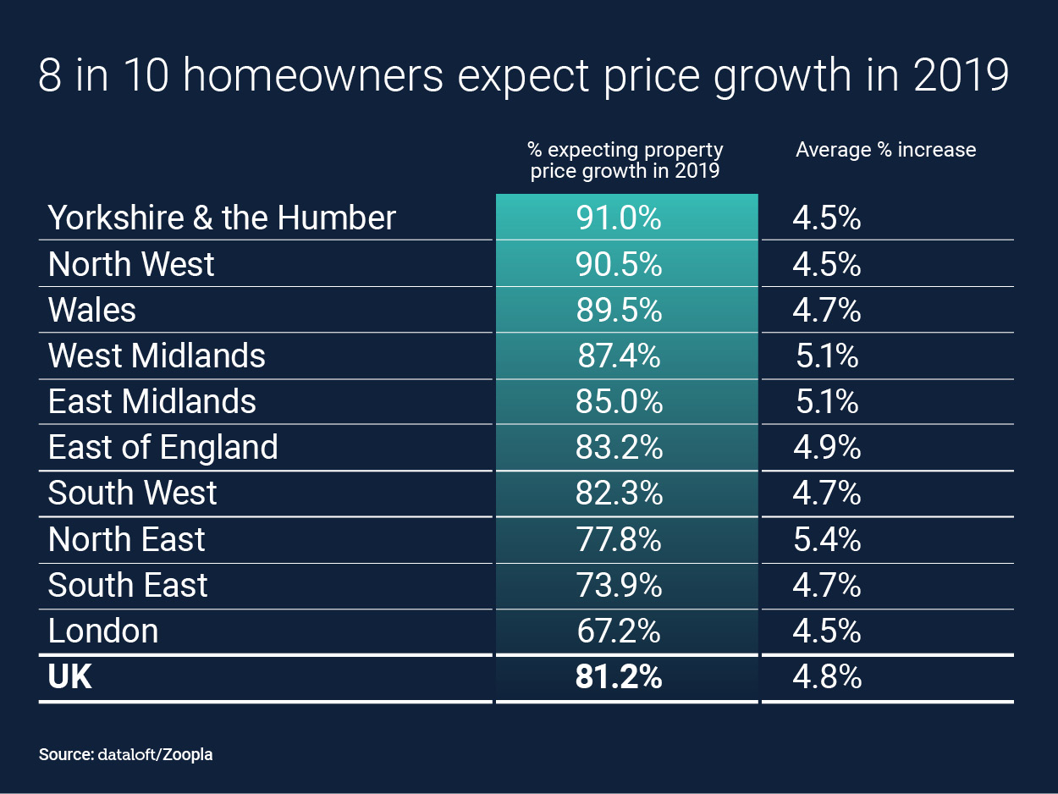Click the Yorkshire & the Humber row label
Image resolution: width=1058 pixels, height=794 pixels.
(222, 218)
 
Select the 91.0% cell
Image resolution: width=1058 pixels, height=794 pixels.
(619, 218)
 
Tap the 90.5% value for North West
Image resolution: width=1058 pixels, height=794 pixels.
(619, 264)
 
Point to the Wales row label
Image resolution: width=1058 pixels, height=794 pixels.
(92, 310)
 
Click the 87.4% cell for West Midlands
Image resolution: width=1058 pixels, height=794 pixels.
(619, 356)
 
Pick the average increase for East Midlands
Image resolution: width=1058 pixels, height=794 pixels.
(827, 401)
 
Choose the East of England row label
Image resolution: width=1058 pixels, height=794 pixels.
(163, 447)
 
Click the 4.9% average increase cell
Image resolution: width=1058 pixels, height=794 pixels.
(827, 447)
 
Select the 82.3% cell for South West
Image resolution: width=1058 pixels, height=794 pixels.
(619, 493)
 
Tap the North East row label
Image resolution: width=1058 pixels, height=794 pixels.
(127, 539)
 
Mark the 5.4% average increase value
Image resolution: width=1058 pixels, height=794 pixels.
(827, 539)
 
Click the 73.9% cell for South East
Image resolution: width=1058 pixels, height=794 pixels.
(619, 585)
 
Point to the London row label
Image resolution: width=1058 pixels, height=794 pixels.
(103, 631)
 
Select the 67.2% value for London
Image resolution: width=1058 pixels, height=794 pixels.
(619, 631)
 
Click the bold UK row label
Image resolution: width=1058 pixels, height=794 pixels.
(70, 677)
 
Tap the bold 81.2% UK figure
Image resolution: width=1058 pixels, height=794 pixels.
(619, 677)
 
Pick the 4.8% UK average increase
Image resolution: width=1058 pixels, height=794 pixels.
(827, 677)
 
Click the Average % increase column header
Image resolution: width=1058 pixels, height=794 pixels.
(885, 150)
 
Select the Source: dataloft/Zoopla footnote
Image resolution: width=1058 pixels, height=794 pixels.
(125, 754)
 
